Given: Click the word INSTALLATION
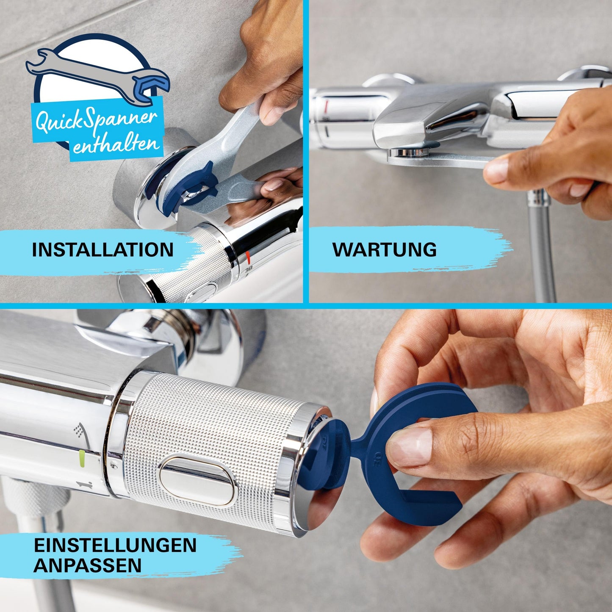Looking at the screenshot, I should pyautogui.click(x=102, y=250).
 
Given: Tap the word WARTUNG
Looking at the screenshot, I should pyautogui.click(x=384, y=249).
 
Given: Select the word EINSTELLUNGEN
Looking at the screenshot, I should pyautogui.click(x=115, y=545).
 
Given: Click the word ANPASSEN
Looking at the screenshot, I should pyautogui.click(x=87, y=566).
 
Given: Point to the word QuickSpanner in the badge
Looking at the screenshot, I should pyautogui.click(x=97, y=120).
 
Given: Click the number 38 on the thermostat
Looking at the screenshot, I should pyautogui.click(x=249, y=268).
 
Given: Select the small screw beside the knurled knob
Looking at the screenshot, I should pyautogui.click(x=114, y=465).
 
